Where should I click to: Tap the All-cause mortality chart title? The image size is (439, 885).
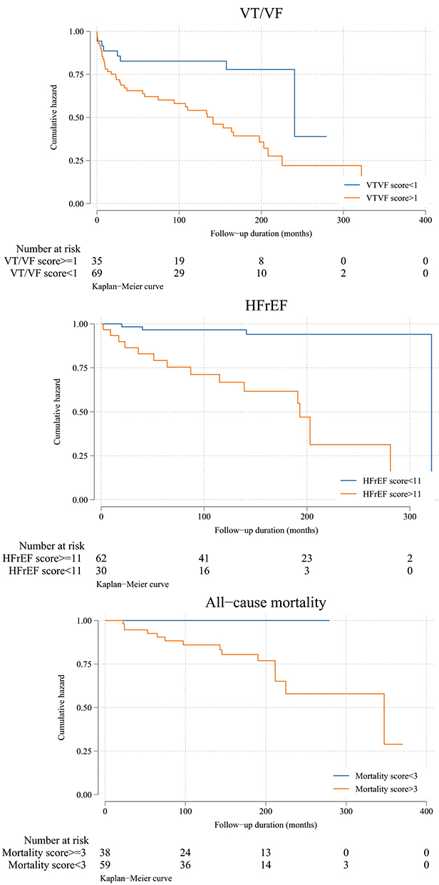(266, 603)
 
